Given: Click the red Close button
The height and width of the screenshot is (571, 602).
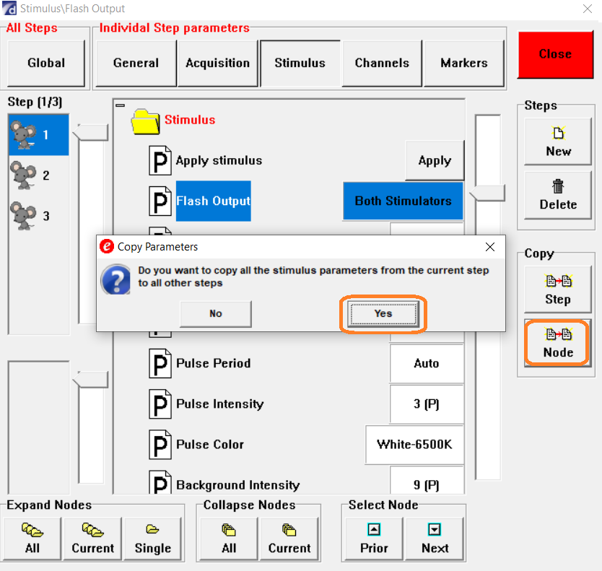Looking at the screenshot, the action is point(555,55).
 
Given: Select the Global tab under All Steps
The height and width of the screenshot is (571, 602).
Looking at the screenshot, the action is point(46,63).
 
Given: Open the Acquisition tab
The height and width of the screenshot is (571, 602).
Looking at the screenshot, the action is point(217,63).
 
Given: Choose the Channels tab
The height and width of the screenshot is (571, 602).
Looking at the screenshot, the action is point(382,63).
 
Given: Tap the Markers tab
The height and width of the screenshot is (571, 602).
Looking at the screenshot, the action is point(464,63).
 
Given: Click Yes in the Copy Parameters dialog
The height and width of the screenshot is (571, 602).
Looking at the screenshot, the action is point(383,313).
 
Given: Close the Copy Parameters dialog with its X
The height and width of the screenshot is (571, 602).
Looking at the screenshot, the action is point(490,247).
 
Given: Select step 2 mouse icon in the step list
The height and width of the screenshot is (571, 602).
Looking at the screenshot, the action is point(23,175).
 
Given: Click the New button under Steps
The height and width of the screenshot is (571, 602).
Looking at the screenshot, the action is point(558,141).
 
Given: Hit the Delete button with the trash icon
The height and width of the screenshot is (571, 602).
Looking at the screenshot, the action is point(558,195).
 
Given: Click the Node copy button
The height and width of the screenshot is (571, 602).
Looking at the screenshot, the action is point(558,343).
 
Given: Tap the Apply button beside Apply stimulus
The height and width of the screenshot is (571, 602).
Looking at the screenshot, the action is point(435,160).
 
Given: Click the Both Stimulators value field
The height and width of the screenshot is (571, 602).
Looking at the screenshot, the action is point(403,201).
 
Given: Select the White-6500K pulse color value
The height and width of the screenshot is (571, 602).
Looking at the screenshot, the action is point(414,444).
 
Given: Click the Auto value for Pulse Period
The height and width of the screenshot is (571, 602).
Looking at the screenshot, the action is point(427,363).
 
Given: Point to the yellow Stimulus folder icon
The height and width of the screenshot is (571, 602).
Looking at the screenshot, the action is point(145,122).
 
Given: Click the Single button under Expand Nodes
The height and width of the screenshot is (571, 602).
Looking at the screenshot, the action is point(153,539).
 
